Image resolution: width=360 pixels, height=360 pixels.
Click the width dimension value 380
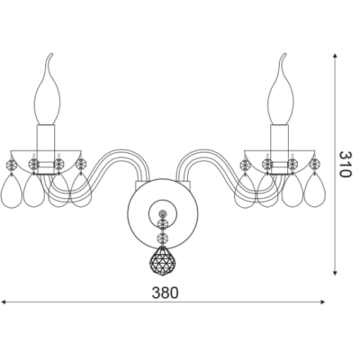point(165,293)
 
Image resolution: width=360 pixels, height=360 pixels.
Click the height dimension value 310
point(345,164)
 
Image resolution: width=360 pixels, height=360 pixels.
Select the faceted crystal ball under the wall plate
point(162,260)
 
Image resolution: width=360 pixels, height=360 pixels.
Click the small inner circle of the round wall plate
point(162,213)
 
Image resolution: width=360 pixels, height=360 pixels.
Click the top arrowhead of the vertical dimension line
point(335,56)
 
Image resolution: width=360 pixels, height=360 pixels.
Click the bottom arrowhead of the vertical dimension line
point(335,272)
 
